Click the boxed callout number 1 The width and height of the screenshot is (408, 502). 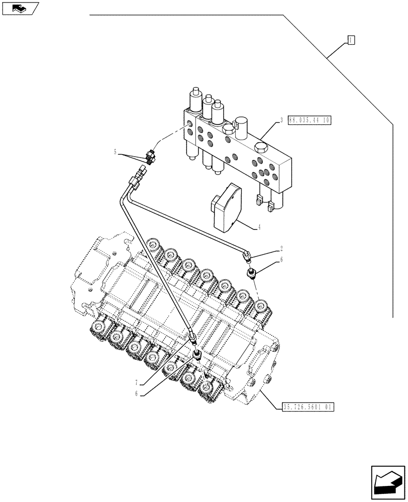[351, 40]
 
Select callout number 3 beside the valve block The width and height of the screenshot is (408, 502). [282, 120]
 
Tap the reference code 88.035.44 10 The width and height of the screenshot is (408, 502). [310, 120]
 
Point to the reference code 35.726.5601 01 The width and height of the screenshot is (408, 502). [305, 407]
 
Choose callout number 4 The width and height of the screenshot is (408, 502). [259, 227]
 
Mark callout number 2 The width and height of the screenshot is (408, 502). [282, 248]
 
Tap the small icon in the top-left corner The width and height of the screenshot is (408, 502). [20, 8]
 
